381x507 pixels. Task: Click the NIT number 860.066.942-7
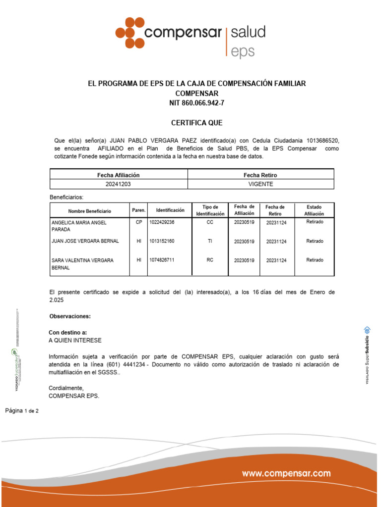click(x=197, y=103)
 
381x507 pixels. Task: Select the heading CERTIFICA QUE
click(x=197, y=122)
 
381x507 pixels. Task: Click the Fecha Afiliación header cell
click(x=119, y=175)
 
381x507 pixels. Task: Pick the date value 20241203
click(x=119, y=184)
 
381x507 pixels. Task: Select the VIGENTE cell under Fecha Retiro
click(x=260, y=184)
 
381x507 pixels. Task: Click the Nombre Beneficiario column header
click(x=90, y=211)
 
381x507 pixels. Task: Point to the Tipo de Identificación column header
click(x=210, y=210)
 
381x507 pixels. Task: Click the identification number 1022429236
click(x=162, y=222)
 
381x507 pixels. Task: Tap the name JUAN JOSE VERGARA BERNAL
click(x=85, y=241)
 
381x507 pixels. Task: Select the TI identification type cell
click(x=210, y=241)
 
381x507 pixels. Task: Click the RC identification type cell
click(x=210, y=260)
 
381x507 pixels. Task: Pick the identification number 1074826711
click(x=162, y=260)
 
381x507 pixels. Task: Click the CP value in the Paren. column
click(x=139, y=222)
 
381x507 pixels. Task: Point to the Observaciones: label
click(x=70, y=316)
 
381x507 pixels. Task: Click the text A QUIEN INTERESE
click(x=75, y=341)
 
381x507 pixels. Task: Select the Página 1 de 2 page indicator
click(x=25, y=411)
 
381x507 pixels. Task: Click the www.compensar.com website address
click(x=286, y=473)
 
